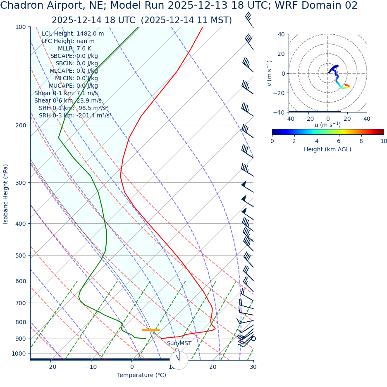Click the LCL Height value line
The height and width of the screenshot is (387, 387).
(73, 34)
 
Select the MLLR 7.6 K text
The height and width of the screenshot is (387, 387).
(74, 49)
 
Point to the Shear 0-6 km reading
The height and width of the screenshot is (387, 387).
(68, 100)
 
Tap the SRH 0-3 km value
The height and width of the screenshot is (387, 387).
(75, 115)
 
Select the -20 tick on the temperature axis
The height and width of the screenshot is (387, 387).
(50, 367)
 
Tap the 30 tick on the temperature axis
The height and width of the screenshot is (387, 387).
(253, 367)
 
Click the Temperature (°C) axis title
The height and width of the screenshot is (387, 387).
(141, 375)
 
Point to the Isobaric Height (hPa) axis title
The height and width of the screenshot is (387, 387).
(6, 194)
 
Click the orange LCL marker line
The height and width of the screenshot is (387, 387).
(150, 330)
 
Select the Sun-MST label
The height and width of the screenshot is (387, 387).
(179, 344)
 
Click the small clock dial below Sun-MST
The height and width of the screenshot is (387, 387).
(179, 360)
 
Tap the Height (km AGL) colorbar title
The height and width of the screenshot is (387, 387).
(327, 149)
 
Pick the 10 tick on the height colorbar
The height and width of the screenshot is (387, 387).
(383, 141)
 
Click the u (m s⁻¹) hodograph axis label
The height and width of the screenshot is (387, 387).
(327, 125)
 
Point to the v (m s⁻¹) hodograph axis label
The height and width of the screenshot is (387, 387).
(270, 73)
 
